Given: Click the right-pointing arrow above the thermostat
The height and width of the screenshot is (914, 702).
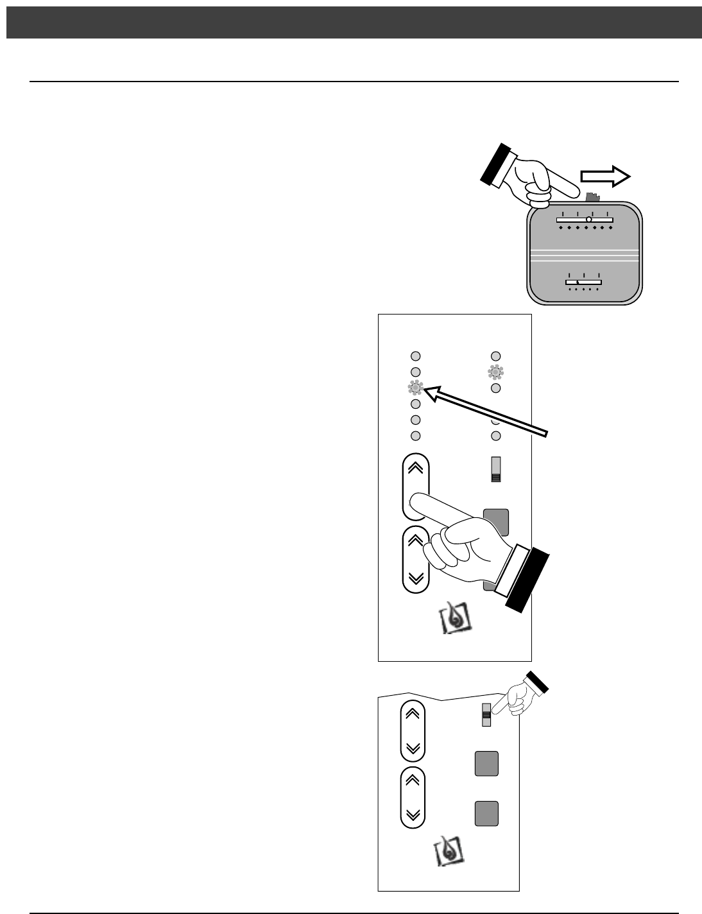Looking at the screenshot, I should pos(606,177).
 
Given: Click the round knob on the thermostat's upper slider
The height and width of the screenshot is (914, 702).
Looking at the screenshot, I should pos(588,220).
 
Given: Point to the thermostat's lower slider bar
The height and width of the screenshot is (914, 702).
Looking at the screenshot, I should pos(583,281).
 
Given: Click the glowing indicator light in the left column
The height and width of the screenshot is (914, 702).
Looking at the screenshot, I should pos(415,387).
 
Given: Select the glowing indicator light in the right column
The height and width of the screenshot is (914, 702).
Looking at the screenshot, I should pos(496,371).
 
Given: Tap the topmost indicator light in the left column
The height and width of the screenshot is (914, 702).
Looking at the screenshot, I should pos(415,356).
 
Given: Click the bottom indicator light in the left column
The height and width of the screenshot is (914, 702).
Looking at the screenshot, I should pos(415,436).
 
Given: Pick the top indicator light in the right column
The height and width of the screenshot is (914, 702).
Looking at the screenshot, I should pos(495,356).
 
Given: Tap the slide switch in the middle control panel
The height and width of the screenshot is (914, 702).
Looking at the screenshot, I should pos(495,469).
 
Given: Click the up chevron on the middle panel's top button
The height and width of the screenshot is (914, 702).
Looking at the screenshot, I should pos(415,467).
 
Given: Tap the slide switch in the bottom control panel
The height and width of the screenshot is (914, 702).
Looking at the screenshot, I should pos(487,715).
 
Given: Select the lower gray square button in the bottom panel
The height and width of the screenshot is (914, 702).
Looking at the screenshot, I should pos(486,813).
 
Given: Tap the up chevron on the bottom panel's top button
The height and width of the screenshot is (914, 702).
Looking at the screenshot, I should pos(413,713).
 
